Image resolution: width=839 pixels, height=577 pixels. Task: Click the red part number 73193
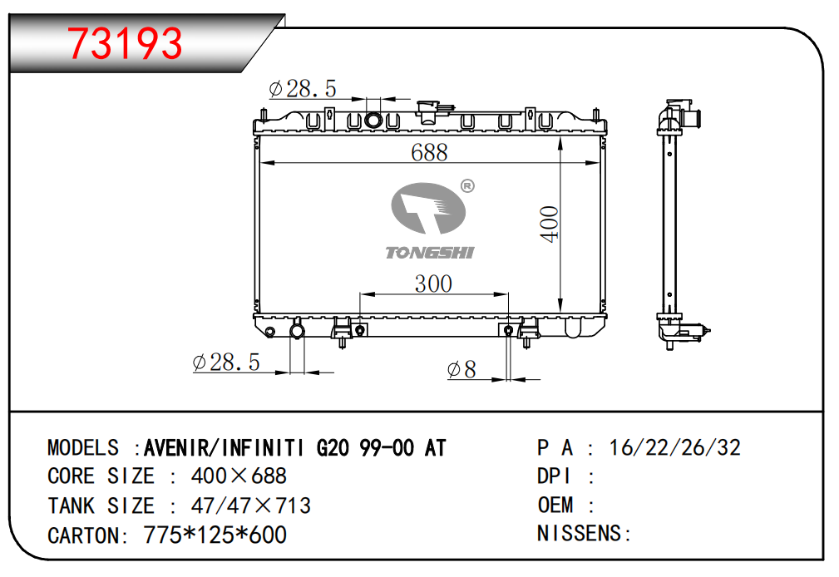[x=125, y=43]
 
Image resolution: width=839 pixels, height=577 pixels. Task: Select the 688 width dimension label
[x=429, y=152]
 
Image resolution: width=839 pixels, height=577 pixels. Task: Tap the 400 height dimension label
[x=550, y=224]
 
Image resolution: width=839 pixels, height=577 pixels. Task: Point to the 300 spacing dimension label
[x=433, y=284]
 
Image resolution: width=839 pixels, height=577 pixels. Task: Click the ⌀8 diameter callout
[x=461, y=369]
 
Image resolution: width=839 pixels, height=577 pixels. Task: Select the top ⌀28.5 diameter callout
[x=303, y=89]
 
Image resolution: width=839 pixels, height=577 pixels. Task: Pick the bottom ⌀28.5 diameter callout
[x=226, y=362]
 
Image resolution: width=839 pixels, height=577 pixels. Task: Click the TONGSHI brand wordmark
[x=430, y=253]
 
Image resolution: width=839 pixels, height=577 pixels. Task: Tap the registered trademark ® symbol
[x=467, y=185]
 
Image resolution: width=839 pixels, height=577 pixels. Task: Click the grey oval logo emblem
[x=428, y=208]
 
